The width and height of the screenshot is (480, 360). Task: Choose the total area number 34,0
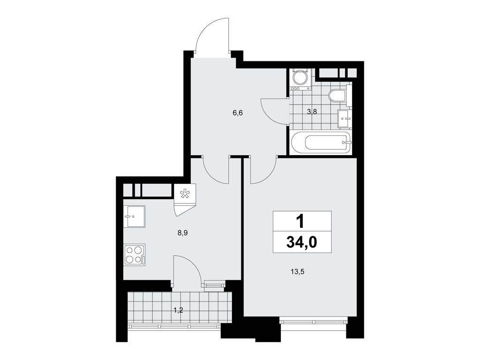(302, 242)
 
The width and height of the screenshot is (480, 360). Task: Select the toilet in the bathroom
(337, 97)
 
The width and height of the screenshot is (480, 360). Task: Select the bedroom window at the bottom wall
(312, 321)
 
